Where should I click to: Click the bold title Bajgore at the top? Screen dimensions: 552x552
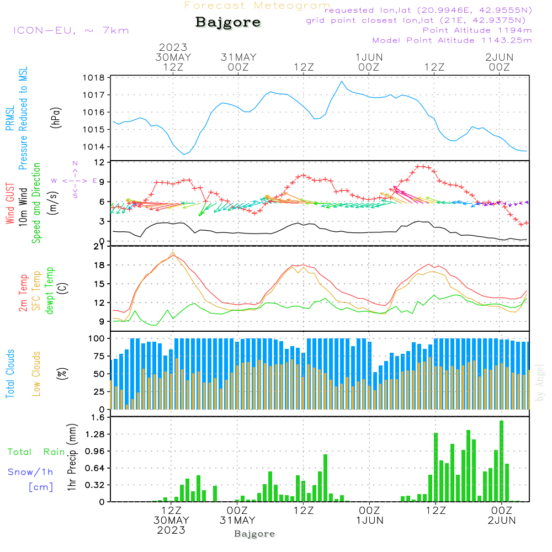228,23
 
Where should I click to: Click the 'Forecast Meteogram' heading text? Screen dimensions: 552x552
257,6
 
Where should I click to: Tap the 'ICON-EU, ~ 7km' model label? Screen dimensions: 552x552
71,30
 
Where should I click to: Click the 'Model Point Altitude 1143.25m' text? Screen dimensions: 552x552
452,40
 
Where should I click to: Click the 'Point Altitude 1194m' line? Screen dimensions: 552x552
477,30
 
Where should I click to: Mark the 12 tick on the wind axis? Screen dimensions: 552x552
99,162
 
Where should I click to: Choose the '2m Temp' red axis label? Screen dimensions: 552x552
24,291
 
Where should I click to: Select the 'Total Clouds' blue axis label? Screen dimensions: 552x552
10,374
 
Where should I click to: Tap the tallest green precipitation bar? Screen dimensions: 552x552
501,461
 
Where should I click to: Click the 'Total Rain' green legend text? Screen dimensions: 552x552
36,452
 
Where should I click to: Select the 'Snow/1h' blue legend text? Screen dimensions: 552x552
31,471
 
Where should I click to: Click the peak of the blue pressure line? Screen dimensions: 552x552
342,82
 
